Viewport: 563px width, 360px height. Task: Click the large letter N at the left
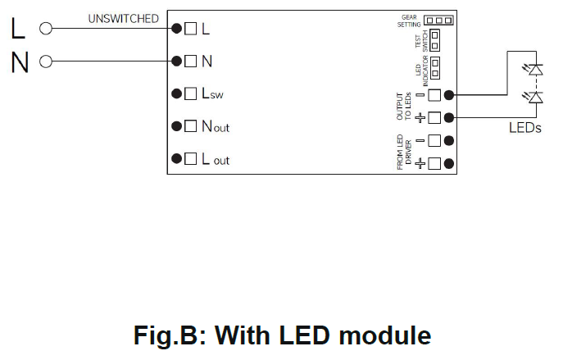(20, 62)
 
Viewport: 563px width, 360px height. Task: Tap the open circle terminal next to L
(46, 29)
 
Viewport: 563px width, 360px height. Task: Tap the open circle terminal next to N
(46, 62)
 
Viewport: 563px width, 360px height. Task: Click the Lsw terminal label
(212, 94)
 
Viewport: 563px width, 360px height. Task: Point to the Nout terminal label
(216, 127)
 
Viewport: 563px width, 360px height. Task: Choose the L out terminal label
(216, 159)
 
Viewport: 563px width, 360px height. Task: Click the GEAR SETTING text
(410, 21)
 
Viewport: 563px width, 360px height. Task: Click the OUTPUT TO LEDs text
(403, 106)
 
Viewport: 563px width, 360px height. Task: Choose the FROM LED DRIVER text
(403, 152)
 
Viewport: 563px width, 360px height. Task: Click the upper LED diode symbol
(535, 70)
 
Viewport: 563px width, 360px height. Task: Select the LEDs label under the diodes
(524, 128)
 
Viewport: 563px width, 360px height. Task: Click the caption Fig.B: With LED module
(282, 335)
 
